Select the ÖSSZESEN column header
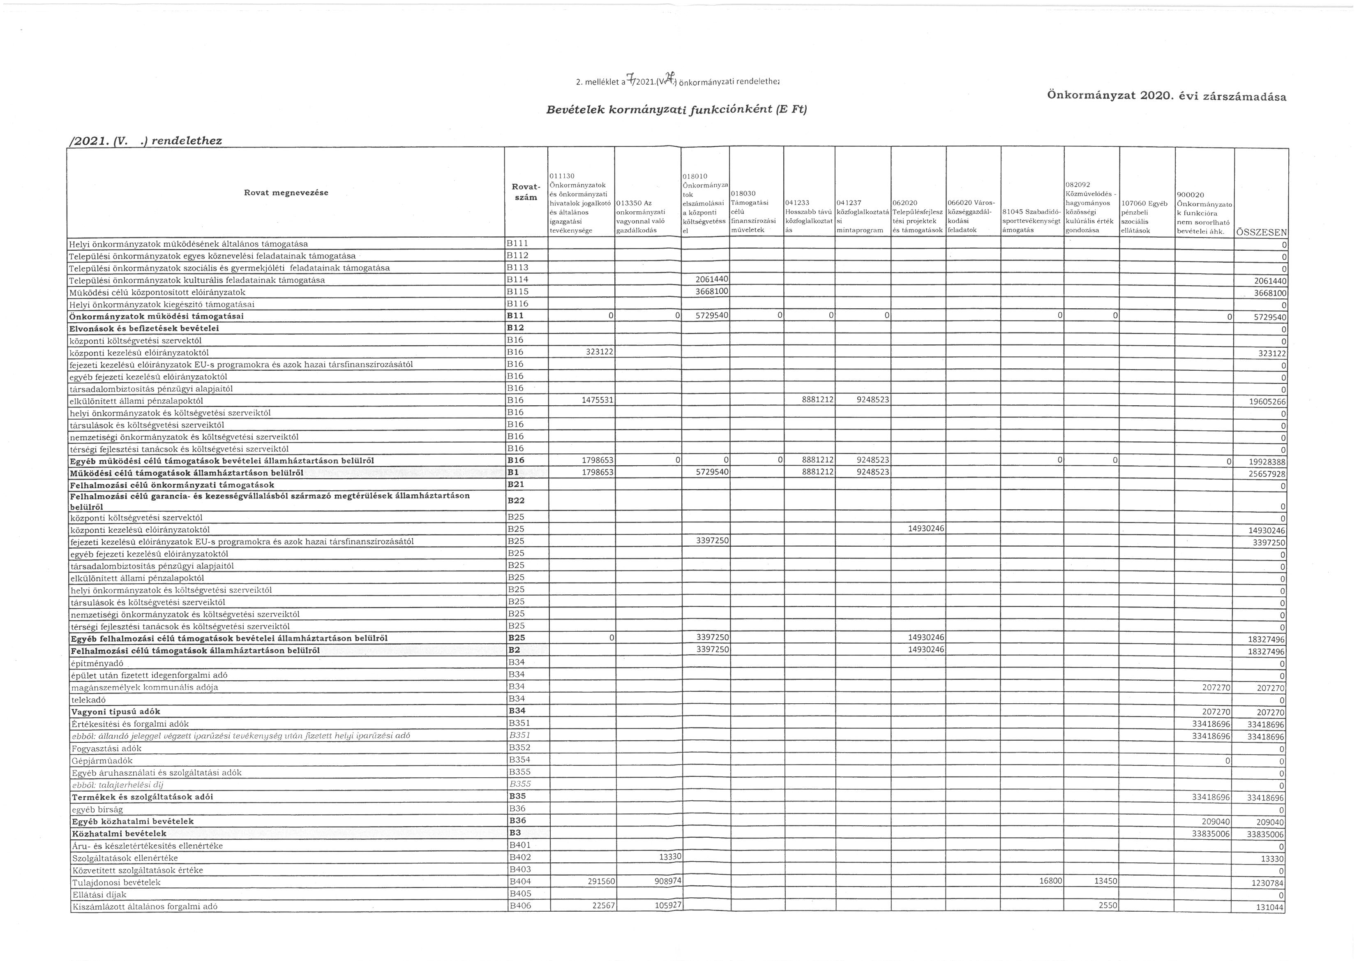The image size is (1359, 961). (1261, 233)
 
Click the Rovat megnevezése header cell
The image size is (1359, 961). (286, 192)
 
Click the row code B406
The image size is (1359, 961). (520, 906)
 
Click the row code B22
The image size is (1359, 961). (516, 500)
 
